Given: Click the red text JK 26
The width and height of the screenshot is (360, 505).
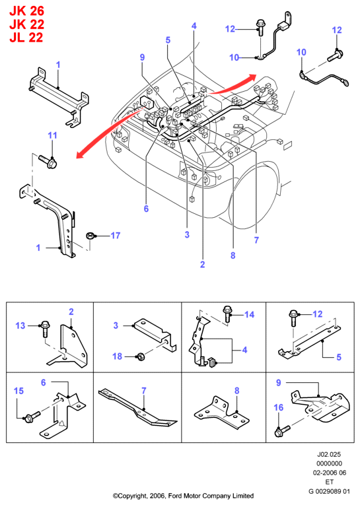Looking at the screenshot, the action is pyautogui.click(x=26, y=11).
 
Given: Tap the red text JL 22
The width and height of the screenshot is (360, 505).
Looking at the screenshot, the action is pyautogui.click(x=26, y=38).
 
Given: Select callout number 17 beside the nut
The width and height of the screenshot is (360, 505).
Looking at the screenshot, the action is pyautogui.click(x=115, y=236).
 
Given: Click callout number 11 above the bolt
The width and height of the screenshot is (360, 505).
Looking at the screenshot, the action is pyautogui.click(x=53, y=135).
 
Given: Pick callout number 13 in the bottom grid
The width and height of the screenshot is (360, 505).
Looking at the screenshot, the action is pyautogui.click(x=20, y=325).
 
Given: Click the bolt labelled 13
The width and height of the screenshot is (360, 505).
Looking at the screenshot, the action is pyautogui.click(x=45, y=329).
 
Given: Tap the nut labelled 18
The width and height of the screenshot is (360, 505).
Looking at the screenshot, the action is pyautogui.click(x=141, y=357).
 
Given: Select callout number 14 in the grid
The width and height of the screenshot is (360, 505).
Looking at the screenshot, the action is pyautogui.click(x=250, y=314).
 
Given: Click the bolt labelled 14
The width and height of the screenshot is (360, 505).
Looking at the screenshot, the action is pyautogui.click(x=227, y=314).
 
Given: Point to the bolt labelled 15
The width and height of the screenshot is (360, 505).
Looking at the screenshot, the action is pyautogui.click(x=31, y=417).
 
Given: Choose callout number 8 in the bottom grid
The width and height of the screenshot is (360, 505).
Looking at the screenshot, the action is pyautogui.click(x=237, y=391).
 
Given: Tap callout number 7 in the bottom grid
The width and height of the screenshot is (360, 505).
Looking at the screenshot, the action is pyautogui.click(x=144, y=390).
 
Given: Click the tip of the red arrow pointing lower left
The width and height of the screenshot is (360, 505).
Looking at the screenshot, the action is pyautogui.click(x=76, y=158).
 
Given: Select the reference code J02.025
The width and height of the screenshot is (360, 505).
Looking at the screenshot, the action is pyautogui.click(x=329, y=454).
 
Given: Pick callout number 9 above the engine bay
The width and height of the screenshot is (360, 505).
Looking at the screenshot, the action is pyautogui.click(x=142, y=57).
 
